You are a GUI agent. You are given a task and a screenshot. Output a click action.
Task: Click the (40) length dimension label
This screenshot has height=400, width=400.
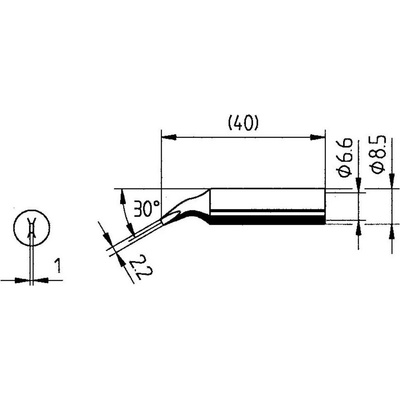[x=243, y=124]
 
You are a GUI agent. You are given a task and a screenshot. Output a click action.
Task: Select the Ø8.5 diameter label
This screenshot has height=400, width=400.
[x=379, y=154]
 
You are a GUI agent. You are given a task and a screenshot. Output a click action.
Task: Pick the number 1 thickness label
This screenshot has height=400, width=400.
[x=58, y=267]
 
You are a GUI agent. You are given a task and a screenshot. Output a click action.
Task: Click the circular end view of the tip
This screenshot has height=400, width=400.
[x=32, y=228]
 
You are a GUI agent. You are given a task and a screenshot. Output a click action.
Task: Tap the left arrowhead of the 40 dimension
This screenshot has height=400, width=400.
[x=168, y=137]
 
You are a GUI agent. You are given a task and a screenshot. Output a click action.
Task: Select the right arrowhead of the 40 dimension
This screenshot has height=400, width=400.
[x=318, y=137]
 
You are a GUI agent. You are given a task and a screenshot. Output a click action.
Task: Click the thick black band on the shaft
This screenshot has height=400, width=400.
[x=267, y=220]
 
